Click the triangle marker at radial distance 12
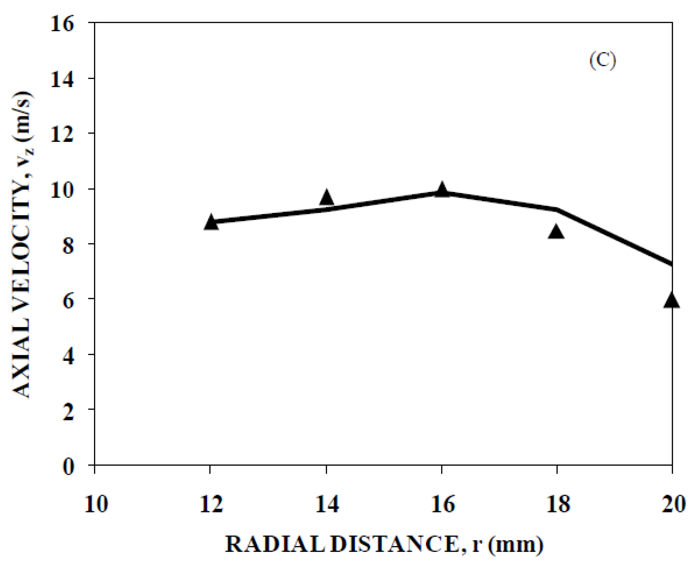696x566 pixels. click(x=211, y=223)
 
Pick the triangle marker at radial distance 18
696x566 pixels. click(x=556, y=232)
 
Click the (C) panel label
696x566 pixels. click(x=602, y=61)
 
